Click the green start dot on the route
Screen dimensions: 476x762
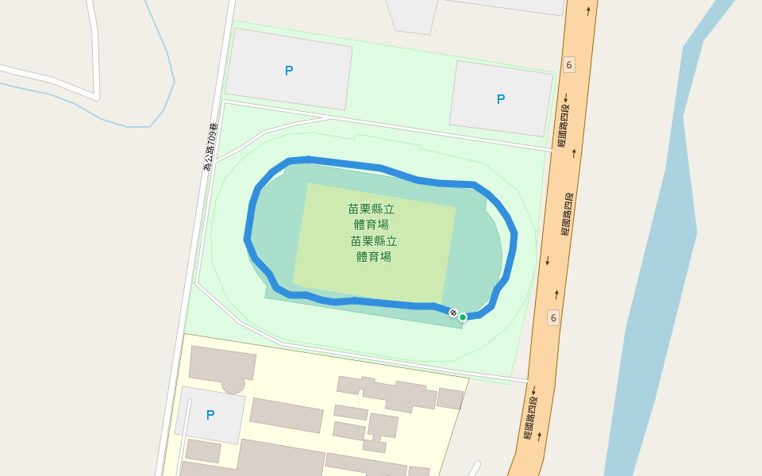(463, 317)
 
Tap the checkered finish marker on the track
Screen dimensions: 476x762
(453, 313)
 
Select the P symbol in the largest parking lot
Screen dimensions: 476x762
(289, 71)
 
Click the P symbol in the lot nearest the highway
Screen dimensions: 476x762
(500, 99)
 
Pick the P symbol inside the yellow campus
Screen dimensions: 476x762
(210, 415)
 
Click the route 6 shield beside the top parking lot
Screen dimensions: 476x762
(568, 64)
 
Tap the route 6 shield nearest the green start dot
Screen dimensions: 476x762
(553, 318)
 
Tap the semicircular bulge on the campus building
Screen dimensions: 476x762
(233, 386)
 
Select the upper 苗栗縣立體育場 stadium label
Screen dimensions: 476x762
(371, 217)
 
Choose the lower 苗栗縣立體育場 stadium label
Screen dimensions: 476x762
(373, 248)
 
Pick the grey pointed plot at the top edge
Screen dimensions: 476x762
(413, 16)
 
